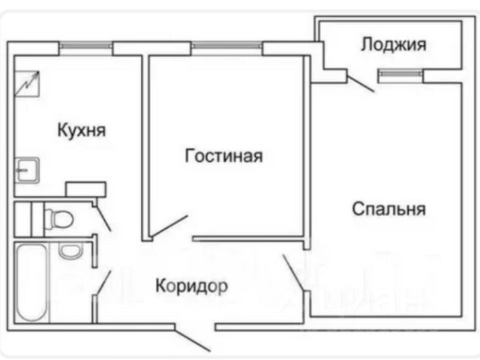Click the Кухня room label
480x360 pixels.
[x=82, y=130]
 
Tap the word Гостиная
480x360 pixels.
[x=223, y=156]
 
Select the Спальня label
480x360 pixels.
[x=388, y=208]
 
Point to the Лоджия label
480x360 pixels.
[x=393, y=44]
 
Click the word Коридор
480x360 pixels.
[x=191, y=285]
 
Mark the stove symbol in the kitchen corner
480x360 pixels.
[x=26, y=82]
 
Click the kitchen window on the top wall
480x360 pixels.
[x=86, y=46]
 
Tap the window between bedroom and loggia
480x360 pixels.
[x=400, y=73]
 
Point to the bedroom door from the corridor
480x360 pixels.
[x=294, y=274]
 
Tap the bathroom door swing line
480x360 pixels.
[x=103, y=282]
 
